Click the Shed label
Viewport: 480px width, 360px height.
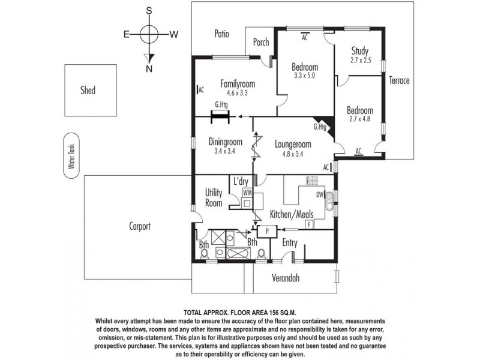coord(88,91)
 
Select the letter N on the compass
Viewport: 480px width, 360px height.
coord(149,68)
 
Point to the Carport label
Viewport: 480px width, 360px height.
coord(139,227)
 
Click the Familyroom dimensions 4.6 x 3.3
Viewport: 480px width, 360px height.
coord(237,93)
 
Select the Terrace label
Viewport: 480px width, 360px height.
coord(399,80)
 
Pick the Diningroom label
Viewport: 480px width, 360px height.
coord(225,142)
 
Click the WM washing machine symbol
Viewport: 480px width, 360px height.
coord(247,193)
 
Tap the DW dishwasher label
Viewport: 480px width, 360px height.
coord(319,194)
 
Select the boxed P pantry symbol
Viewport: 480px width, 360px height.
coord(266,230)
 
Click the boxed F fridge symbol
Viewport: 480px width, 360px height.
coord(309,224)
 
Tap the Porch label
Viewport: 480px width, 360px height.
coord(261,43)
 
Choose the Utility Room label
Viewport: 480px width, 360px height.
coord(214,198)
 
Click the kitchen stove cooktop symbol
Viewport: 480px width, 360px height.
coord(311,180)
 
